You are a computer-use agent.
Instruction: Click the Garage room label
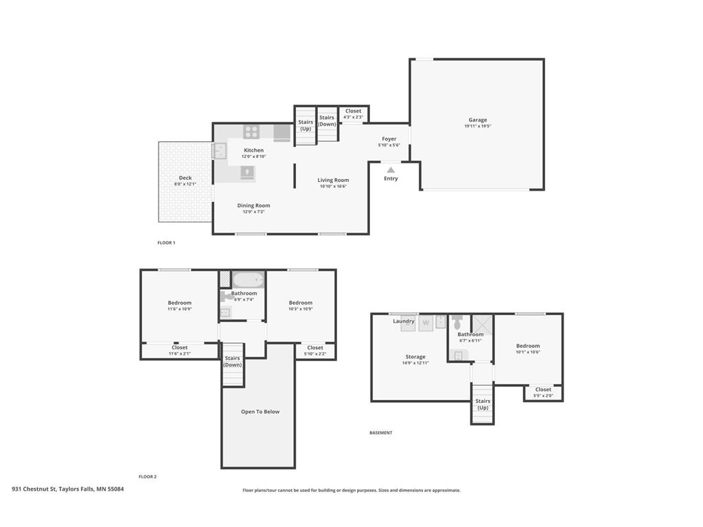tap(478, 119)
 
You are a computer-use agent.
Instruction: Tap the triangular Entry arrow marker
tap(391, 170)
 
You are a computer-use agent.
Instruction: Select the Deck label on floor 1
tap(185, 178)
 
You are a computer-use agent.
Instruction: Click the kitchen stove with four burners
tap(251, 132)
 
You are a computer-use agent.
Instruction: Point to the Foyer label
tap(389, 139)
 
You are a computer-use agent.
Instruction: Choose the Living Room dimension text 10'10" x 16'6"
tap(333, 187)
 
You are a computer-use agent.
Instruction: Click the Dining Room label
tap(254, 206)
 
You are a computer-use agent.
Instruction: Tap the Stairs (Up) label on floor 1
tap(306, 125)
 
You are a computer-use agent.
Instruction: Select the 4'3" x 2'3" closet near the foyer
tap(354, 114)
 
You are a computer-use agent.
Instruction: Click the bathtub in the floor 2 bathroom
tap(248, 280)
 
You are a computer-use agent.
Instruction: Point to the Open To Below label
tap(260, 412)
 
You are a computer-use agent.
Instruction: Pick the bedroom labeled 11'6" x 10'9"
tap(180, 305)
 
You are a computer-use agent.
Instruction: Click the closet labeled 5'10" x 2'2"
tap(315, 351)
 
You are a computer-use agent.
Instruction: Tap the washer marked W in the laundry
tap(426, 323)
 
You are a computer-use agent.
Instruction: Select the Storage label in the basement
tap(415, 357)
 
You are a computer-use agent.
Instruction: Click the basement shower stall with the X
tap(482, 325)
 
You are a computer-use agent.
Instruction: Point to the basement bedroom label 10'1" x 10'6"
tap(528, 349)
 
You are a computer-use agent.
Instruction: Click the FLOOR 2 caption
tap(148, 477)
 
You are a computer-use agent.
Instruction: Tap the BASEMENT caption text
tap(380, 433)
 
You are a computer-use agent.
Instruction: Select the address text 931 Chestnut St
tap(34, 489)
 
